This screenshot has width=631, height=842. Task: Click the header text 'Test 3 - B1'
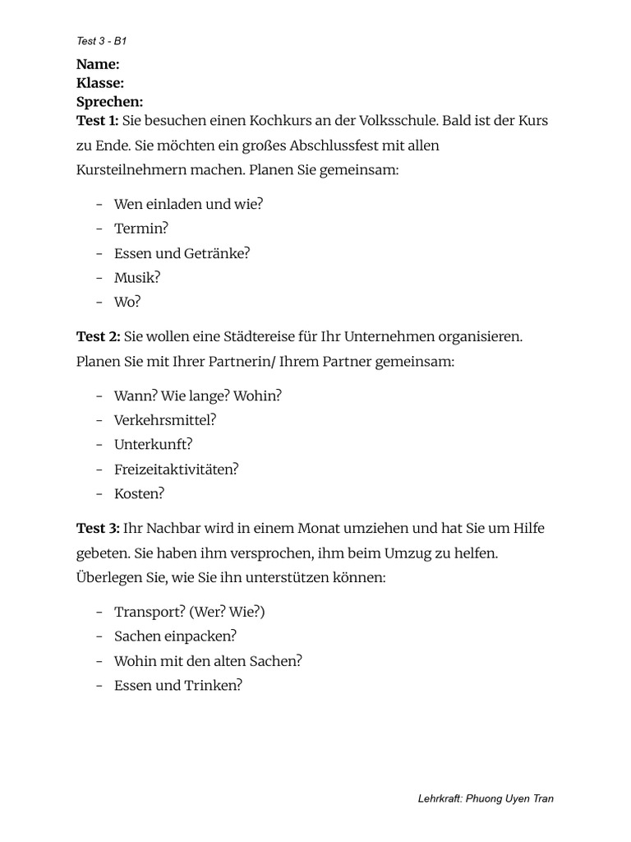click(97, 40)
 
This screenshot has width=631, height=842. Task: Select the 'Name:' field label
click(98, 64)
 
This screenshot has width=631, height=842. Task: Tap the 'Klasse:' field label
click(100, 83)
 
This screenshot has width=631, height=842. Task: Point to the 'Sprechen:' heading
click(109, 102)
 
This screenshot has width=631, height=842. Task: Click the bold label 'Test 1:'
click(97, 121)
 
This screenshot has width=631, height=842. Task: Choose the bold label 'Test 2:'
click(98, 336)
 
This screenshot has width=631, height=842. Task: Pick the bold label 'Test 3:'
click(98, 528)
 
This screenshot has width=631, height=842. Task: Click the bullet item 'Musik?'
click(137, 277)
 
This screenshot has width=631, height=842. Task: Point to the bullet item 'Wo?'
click(127, 302)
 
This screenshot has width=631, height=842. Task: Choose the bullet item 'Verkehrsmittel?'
click(165, 420)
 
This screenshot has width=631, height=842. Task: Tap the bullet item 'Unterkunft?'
click(153, 445)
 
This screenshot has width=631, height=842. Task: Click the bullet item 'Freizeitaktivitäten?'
click(177, 470)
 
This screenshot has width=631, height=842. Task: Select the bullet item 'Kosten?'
click(140, 494)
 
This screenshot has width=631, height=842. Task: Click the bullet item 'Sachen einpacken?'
click(175, 636)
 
